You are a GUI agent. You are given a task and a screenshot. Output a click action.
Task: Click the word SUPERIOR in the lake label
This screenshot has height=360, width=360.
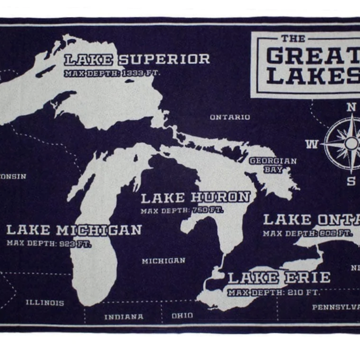[x=164, y=59]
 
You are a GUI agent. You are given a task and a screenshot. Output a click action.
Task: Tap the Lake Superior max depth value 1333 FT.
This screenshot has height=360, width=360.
[x=141, y=73]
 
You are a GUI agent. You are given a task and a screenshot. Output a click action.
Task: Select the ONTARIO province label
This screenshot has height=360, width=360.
[x=230, y=117]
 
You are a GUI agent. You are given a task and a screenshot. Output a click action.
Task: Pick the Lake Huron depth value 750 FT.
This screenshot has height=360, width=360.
[x=207, y=211]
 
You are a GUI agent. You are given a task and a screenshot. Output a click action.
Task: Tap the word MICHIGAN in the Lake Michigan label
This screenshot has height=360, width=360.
[x=99, y=230]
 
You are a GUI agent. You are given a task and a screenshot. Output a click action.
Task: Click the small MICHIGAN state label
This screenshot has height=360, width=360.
[x=163, y=261]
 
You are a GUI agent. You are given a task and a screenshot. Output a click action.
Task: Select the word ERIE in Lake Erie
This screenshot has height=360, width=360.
[x=307, y=278]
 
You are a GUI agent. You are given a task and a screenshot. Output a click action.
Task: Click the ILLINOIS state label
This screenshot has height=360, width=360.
[x=45, y=303]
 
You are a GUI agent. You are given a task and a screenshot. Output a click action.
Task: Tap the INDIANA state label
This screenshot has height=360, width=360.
[x=124, y=317]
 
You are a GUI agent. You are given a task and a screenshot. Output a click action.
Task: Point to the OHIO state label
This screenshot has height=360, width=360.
[x=182, y=316]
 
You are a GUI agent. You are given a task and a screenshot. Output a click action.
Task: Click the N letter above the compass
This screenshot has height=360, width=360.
[x=351, y=107]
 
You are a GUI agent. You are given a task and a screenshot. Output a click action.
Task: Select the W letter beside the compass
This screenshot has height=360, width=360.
[x=312, y=144]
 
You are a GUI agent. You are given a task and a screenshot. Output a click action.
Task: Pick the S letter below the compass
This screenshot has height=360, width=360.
[x=351, y=181]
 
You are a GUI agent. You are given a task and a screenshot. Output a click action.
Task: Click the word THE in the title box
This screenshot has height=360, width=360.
[x=293, y=38]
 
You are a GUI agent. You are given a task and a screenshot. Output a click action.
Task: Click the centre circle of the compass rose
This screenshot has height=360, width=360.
[x=351, y=143]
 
